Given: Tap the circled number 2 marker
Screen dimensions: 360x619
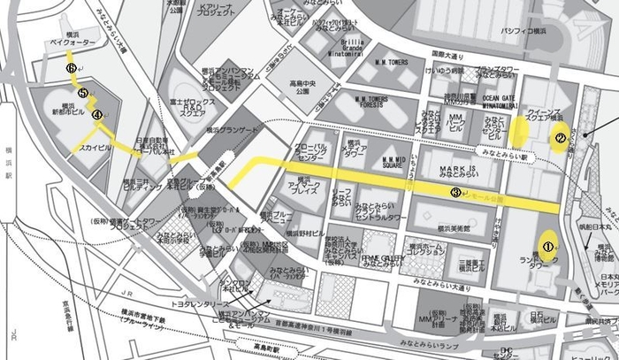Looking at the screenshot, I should (x=559, y=137).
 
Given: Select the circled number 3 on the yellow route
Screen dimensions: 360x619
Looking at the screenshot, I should (x=455, y=192).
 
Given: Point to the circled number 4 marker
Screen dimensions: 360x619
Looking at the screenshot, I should (x=97, y=113).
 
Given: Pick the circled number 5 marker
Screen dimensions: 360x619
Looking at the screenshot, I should (x=82, y=92).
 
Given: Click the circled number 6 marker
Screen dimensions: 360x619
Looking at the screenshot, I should (x=70, y=66).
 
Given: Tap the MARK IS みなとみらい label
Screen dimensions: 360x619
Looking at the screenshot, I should (x=452, y=172).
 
